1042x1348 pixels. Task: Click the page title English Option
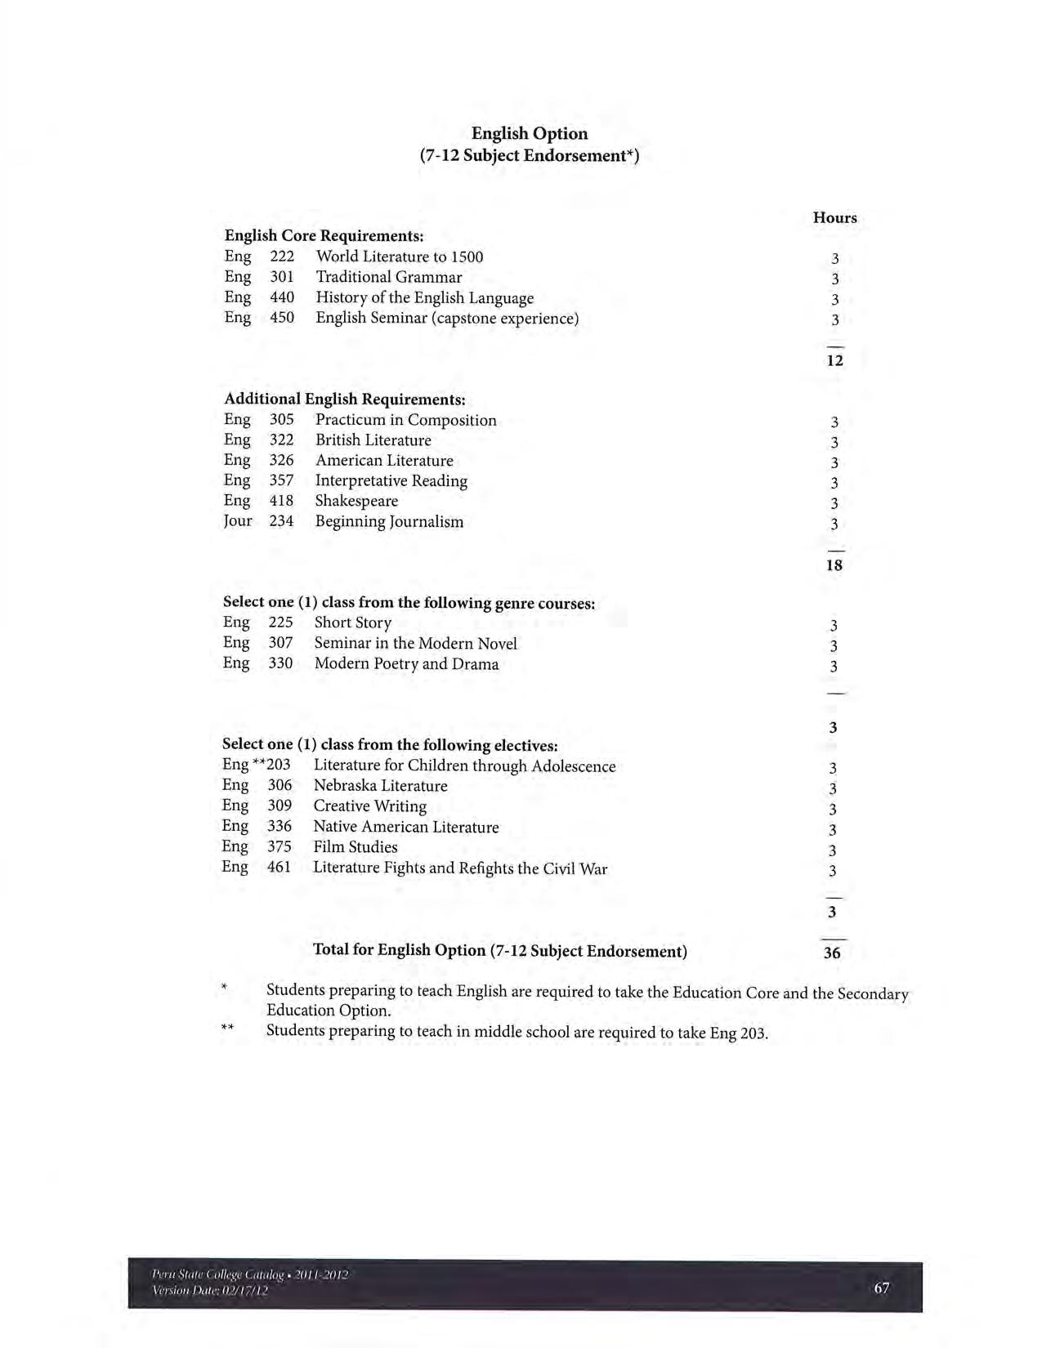tap(530, 133)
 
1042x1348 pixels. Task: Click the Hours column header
tap(834, 217)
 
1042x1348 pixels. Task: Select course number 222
tap(282, 257)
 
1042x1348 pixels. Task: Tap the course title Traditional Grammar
tap(389, 277)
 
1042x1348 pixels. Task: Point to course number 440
tap(282, 297)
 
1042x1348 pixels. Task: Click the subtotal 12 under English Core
tap(834, 360)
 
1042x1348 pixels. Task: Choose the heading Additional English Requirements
tap(345, 399)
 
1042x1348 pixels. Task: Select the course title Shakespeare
tap(356, 501)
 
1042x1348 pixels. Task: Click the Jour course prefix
tap(238, 520)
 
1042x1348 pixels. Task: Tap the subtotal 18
tap(834, 565)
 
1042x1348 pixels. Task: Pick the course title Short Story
tap(353, 623)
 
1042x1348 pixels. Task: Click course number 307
tap(280, 643)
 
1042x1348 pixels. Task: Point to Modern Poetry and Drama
tap(406, 663)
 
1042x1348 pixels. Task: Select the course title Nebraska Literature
tap(380, 786)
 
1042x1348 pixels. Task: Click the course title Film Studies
tap(356, 847)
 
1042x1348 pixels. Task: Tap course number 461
tap(279, 868)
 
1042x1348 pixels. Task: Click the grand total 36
tap(832, 953)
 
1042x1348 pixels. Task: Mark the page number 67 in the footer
tap(881, 1288)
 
